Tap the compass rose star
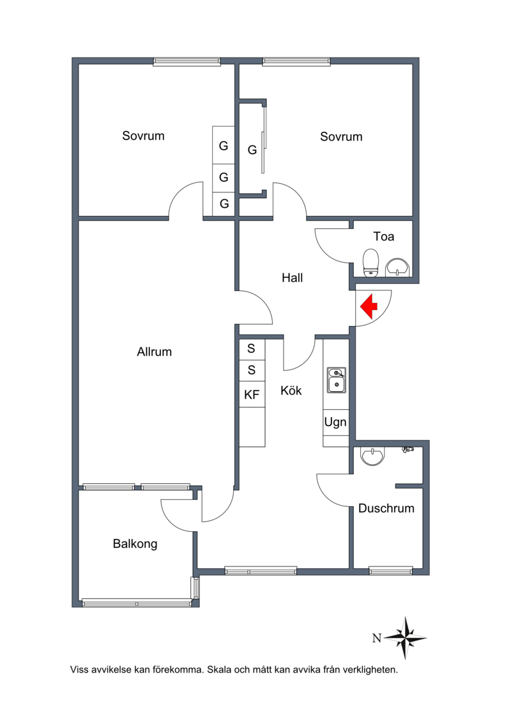point(406,638)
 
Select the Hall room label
point(292,277)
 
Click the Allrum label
point(155,352)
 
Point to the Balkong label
point(135,544)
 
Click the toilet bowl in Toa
point(371,263)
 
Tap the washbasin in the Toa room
point(397,267)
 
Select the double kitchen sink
point(337,380)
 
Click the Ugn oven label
point(335,423)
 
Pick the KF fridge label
point(252,394)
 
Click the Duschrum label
point(386,508)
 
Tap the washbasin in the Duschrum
point(372,456)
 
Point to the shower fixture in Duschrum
point(408,449)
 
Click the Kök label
point(291,391)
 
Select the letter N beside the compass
point(377,638)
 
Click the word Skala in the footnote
point(219,669)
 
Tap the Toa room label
point(384,237)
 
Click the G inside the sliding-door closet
point(252,150)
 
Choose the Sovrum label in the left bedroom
point(143,136)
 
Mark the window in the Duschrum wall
point(391,571)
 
